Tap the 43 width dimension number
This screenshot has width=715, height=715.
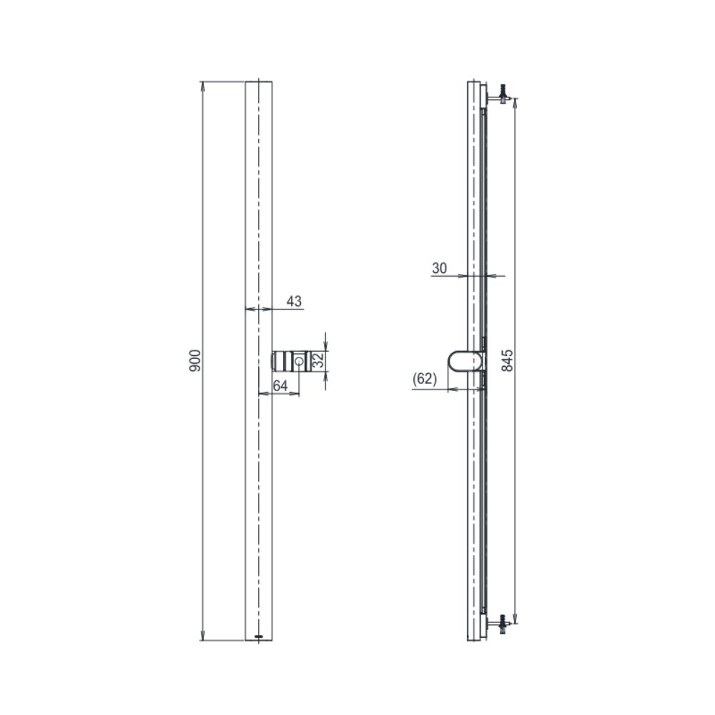click(294, 302)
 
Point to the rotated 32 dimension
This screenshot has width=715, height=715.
click(320, 360)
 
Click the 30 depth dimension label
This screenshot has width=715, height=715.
click(439, 267)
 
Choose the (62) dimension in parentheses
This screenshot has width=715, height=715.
click(425, 379)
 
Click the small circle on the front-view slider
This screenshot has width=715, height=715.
click(298, 361)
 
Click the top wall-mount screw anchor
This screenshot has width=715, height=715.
click(503, 94)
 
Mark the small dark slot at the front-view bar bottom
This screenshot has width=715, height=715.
click(258, 635)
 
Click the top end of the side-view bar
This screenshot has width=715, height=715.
click(474, 83)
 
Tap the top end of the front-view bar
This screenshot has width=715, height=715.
click(258, 83)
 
